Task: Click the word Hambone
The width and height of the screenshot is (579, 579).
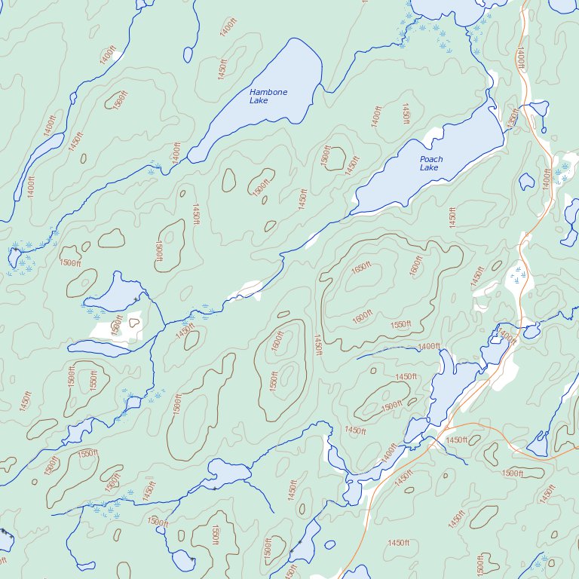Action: point(268,92)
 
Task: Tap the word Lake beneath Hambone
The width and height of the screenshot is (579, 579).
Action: point(259,100)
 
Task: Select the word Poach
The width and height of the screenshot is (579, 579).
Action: point(431,159)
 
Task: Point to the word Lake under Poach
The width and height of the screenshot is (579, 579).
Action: point(429,167)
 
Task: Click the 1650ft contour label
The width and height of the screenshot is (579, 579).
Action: point(362,268)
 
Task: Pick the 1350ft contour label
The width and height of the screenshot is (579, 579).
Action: point(513,119)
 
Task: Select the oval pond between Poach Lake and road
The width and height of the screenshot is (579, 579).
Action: point(527,181)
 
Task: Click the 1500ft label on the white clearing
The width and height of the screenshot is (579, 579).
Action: point(117,326)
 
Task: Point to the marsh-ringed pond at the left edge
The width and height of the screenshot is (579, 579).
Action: point(13,257)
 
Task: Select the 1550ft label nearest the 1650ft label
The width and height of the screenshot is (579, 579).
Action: point(401,324)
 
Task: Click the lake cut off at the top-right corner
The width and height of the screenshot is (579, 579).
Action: point(565,5)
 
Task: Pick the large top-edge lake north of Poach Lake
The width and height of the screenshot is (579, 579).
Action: point(445,8)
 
